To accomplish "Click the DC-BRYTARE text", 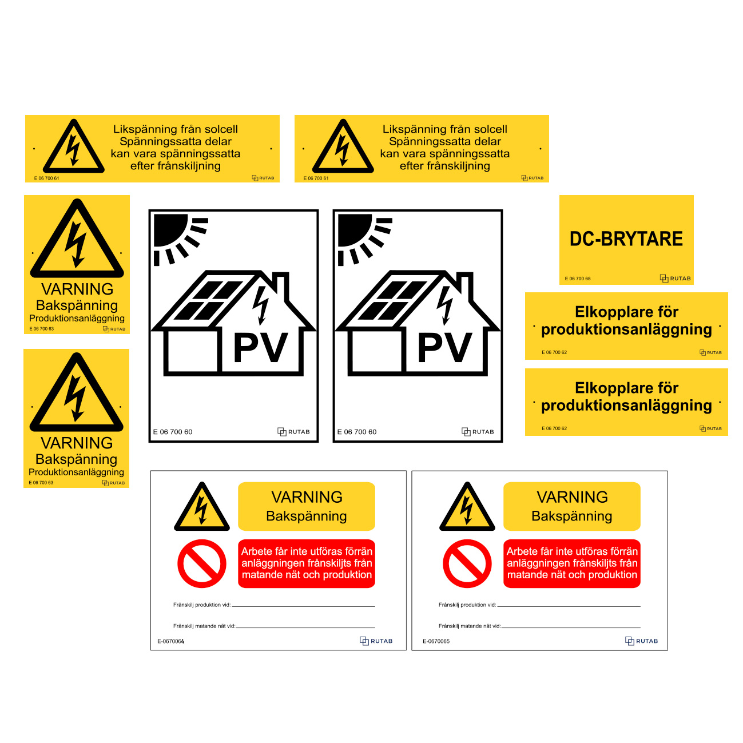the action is (x=626, y=239).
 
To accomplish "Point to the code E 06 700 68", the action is (x=577, y=279).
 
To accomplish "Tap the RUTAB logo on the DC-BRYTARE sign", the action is (x=675, y=279).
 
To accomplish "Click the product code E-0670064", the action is (x=170, y=641).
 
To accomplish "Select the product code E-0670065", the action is (x=436, y=641).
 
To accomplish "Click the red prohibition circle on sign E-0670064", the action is (x=202, y=563).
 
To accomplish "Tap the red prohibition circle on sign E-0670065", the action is (x=467, y=563).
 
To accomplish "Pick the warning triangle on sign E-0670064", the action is (x=202, y=507).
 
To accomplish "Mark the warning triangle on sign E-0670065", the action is (x=467, y=507).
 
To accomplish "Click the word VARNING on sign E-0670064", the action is (x=307, y=497).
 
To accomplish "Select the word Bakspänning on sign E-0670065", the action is (x=572, y=516).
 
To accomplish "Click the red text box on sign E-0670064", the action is (x=307, y=563).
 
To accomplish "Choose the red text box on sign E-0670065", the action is (x=572, y=563).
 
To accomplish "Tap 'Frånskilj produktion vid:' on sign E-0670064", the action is (x=202, y=605).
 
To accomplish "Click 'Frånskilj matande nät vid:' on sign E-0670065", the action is (x=470, y=626).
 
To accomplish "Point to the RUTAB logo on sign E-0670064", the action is (x=376, y=641).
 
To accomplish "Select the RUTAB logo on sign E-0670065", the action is (x=641, y=641).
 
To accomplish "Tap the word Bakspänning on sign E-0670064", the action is (x=307, y=516).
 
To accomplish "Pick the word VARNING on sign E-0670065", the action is (x=572, y=497).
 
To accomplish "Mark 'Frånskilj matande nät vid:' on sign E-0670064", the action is (x=204, y=626).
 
